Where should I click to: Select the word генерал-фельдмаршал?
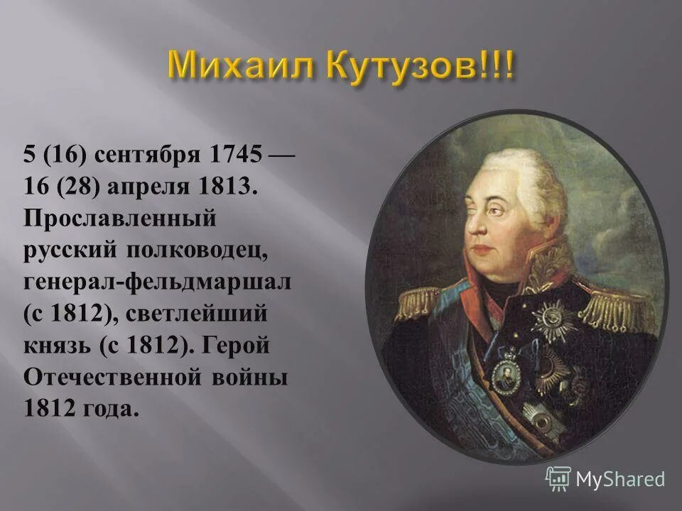(x=158, y=282)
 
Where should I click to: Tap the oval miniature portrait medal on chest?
(x=507, y=373)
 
